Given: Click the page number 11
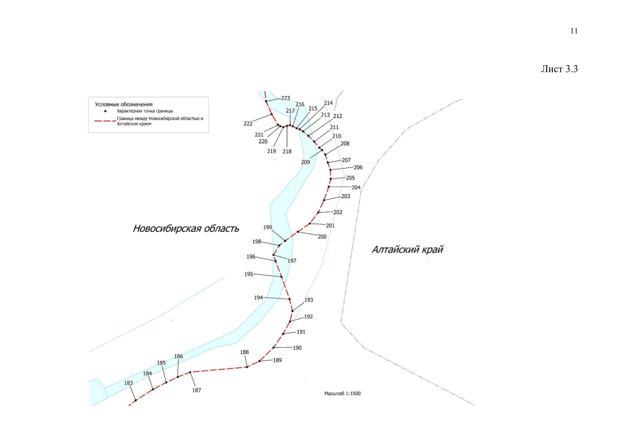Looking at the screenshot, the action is [x=574, y=31].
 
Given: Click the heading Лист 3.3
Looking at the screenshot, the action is [x=559, y=69].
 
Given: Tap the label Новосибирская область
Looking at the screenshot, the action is [x=186, y=228].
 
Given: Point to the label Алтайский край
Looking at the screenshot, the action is [x=407, y=250].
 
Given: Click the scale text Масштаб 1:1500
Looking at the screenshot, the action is [x=343, y=394].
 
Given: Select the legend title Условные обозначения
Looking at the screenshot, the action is [x=123, y=104].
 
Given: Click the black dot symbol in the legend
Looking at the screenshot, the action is [x=106, y=111].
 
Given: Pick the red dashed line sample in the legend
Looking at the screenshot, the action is [x=105, y=121].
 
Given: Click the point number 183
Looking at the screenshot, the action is [x=129, y=383].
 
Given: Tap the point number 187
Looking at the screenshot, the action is [x=197, y=390].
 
